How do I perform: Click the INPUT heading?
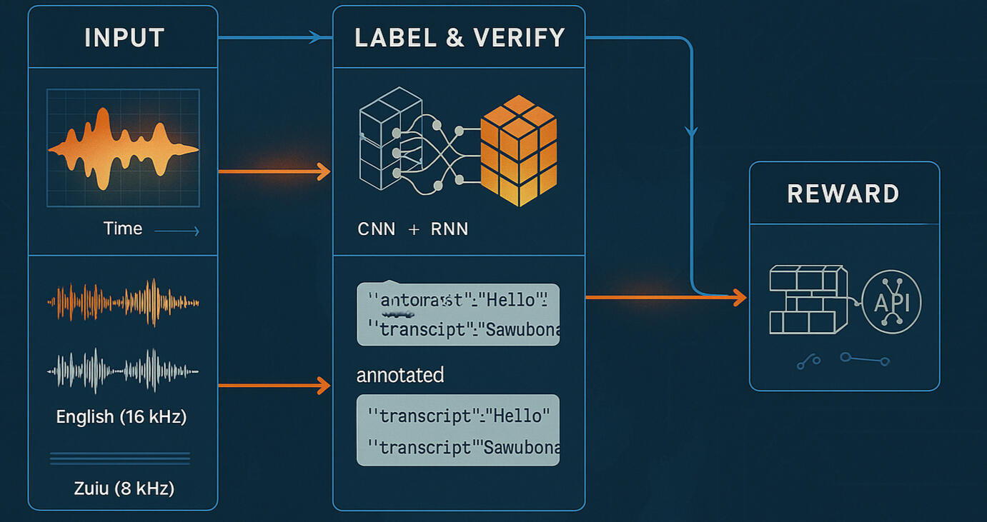[124, 38]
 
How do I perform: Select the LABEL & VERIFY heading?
[460, 38]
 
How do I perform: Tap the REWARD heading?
[843, 194]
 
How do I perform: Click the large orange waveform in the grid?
[123, 149]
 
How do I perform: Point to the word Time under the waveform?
[123, 229]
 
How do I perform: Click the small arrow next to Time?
[177, 231]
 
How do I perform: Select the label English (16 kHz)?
[121, 417]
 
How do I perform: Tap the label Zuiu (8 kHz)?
[124, 488]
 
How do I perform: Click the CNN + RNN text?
[413, 229]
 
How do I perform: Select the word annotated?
[400, 375]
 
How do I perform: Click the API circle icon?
[891, 302]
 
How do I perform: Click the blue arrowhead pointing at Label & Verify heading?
[316, 37]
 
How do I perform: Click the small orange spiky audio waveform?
[123, 302]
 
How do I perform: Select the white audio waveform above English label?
[123, 371]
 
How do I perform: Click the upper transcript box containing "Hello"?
[458, 314]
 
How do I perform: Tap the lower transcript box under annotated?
[458, 431]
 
